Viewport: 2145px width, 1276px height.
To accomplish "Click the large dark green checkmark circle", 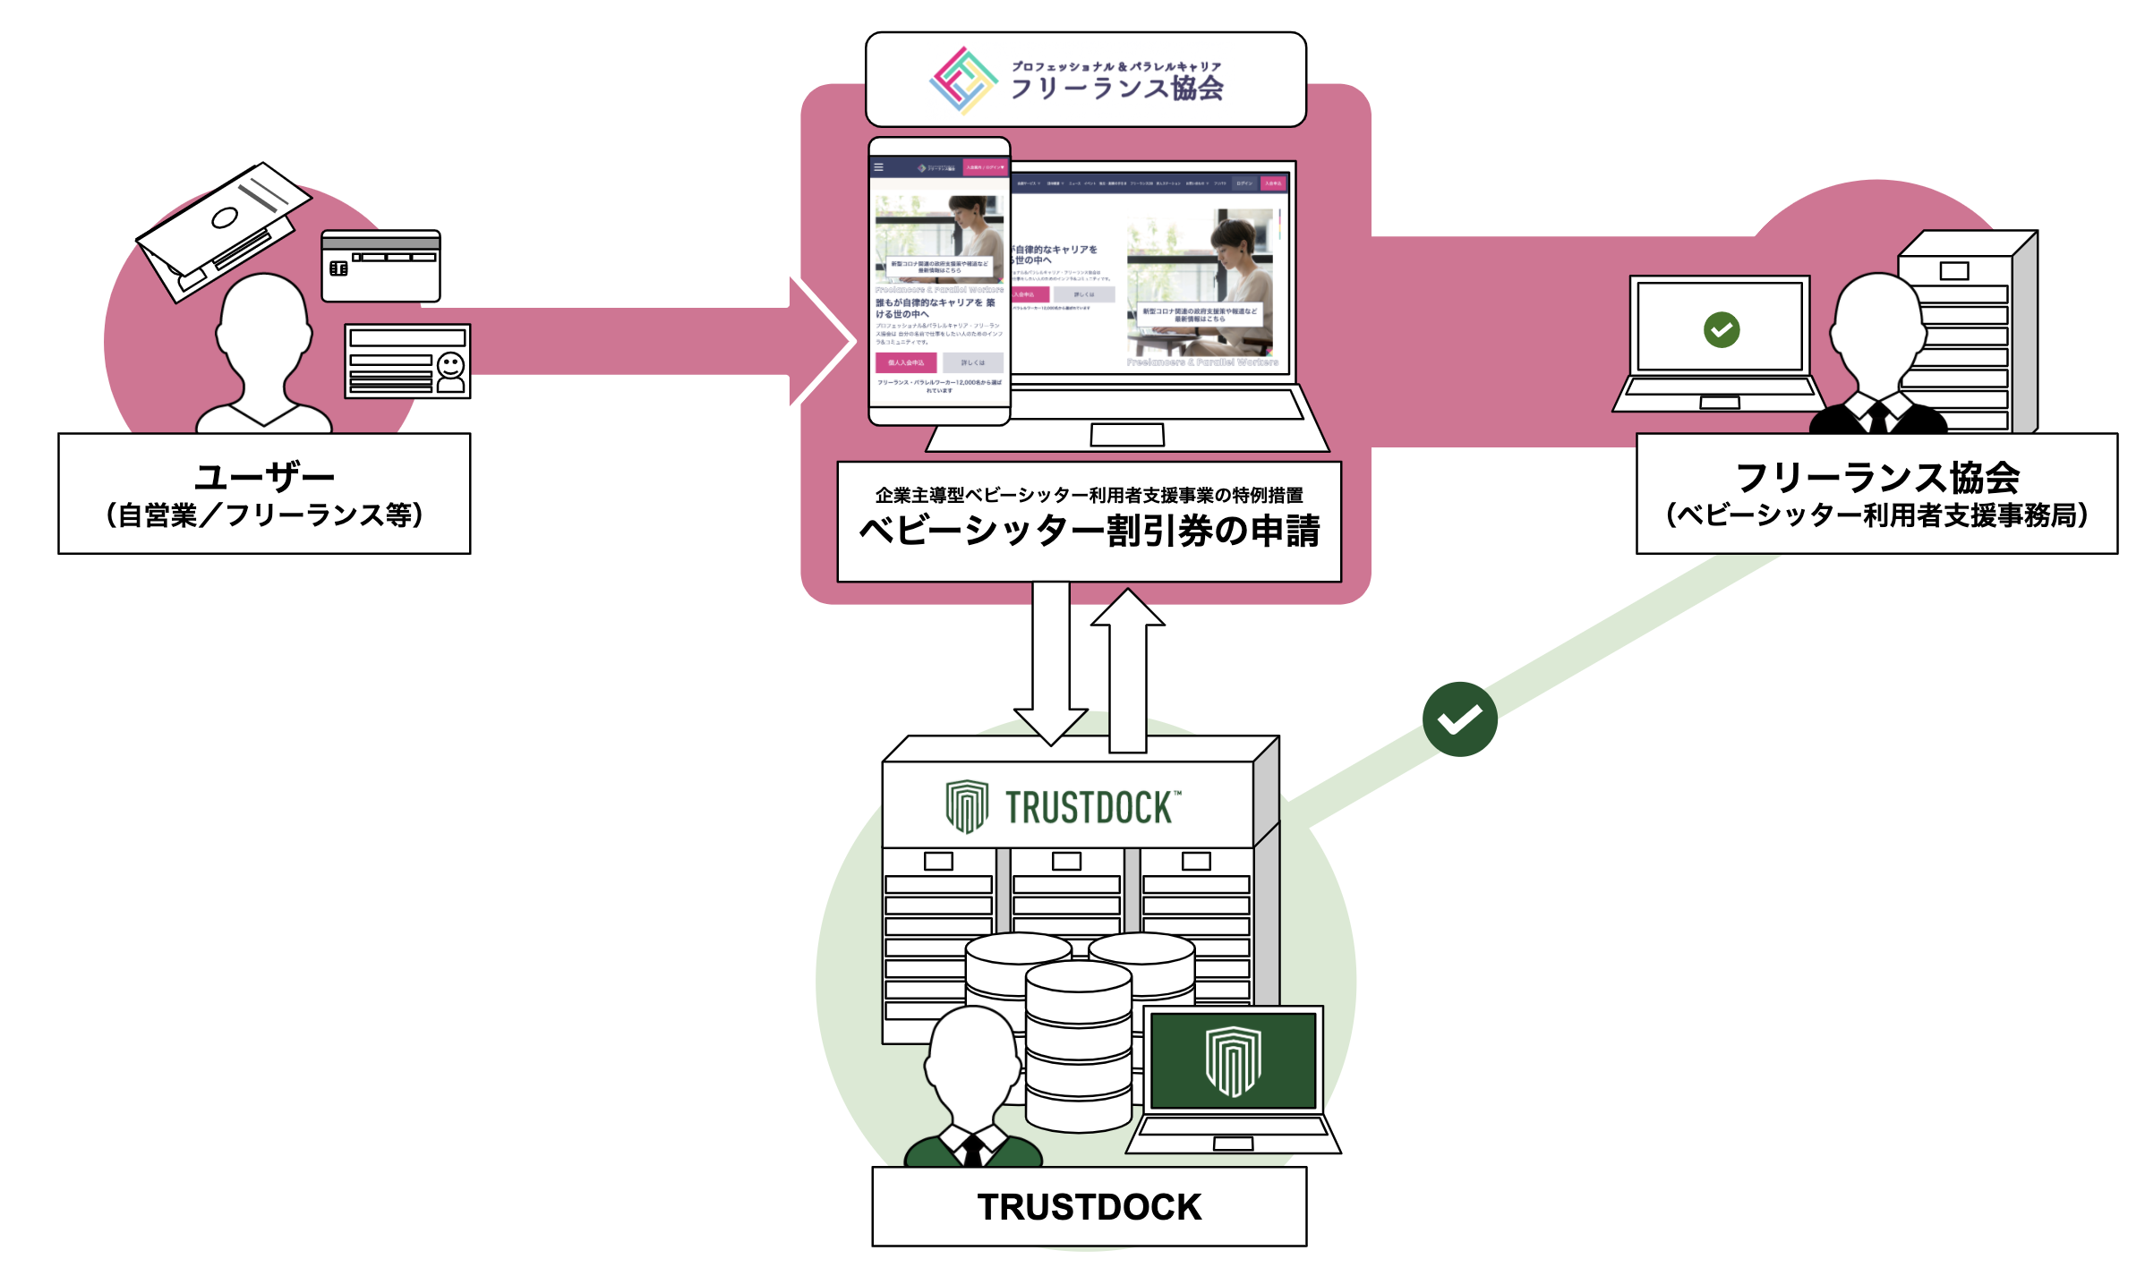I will point(1459,719).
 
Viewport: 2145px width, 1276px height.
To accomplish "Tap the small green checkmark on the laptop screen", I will point(1721,329).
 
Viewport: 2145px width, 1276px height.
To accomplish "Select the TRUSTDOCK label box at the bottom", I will point(1089,1206).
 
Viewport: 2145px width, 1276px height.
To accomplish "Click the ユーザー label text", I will point(264,476).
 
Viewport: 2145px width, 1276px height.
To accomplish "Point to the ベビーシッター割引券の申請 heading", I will point(1089,531).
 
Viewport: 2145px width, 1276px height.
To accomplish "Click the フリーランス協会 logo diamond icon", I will point(962,81).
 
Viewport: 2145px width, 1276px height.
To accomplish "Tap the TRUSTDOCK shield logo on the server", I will point(967,805).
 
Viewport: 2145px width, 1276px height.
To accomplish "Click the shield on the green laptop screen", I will point(1233,1061).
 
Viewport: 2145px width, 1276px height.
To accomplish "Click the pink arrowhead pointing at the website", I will point(824,341).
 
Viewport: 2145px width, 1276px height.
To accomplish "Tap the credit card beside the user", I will point(380,266).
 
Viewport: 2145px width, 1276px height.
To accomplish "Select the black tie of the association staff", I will point(1878,419).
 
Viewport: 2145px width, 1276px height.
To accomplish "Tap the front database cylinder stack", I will point(1078,1047).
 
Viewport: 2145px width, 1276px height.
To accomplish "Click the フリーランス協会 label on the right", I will point(1876,478).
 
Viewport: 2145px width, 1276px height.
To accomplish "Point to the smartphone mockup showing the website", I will point(939,282).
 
